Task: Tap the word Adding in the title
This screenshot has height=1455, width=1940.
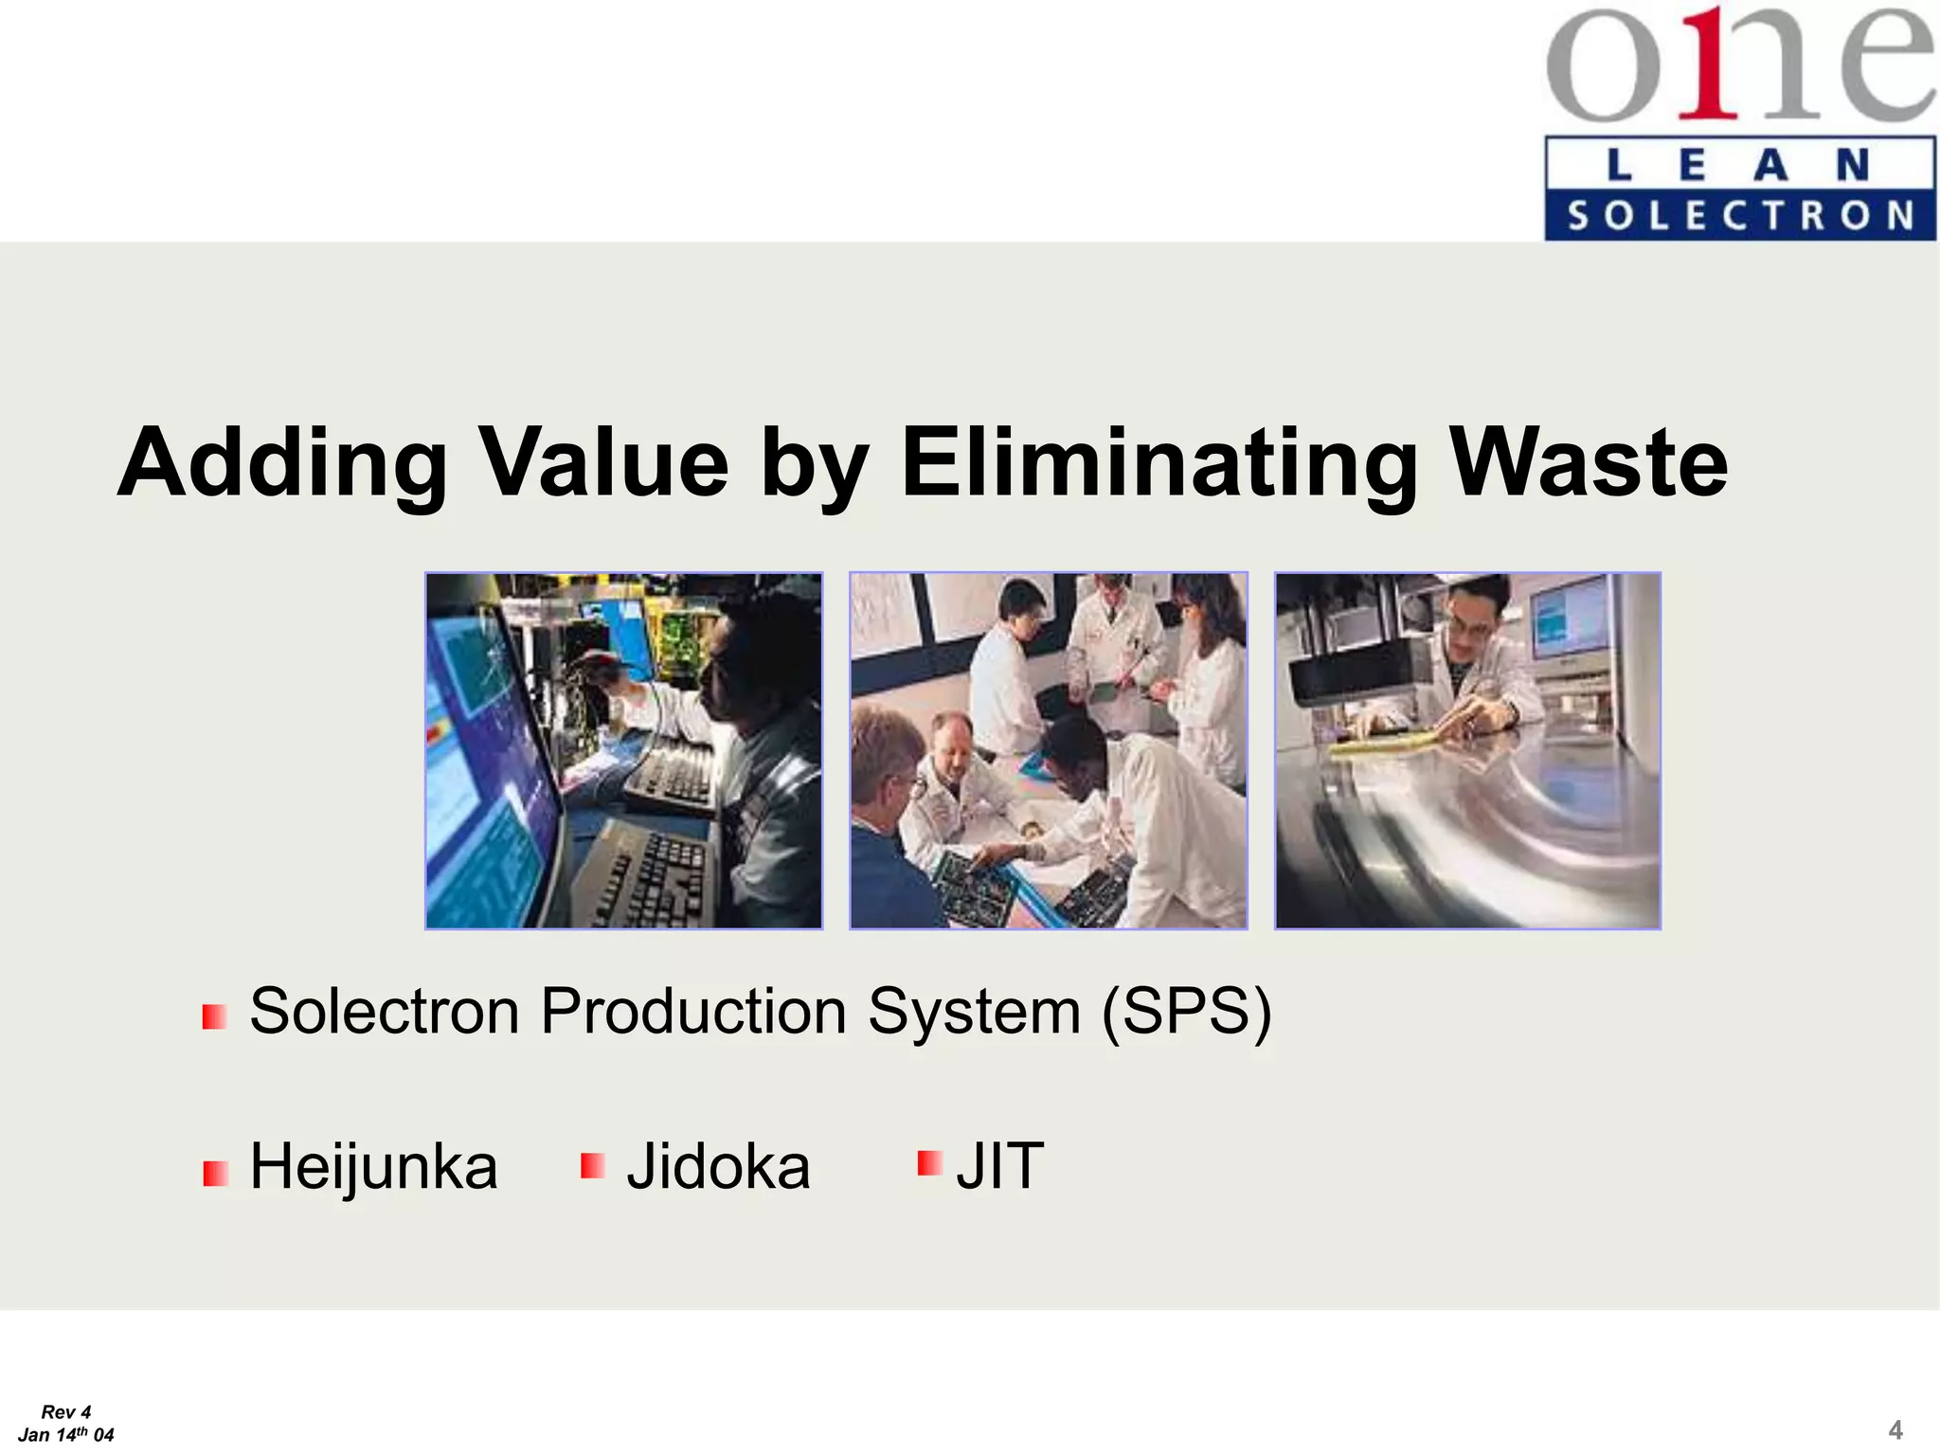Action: pyautogui.click(x=282, y=462)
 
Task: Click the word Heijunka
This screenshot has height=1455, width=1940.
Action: pyautogui.click(x=373, y=1166)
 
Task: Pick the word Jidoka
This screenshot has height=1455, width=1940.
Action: pyautogui.click(x=718, y=1166)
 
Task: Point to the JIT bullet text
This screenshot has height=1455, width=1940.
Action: pyautogui.click(x=1000, y=1166)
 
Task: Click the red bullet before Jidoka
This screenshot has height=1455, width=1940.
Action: pyautogui.click(x=592, y=1165)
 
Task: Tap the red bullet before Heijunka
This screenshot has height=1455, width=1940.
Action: pyautogui.click(x=215, y=1174)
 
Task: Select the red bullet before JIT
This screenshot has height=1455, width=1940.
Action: pyautogui.click(x=929, y=1162)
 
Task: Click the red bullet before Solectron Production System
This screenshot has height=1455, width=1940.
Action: pyautogui.click(x=214, y=1017)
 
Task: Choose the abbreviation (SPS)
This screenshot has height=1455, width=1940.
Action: pyautogui.click(x=1186, y=1012)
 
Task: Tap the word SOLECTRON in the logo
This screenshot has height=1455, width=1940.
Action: pyautogui.click(x=1740, y=216)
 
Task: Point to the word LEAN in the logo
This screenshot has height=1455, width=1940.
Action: pyautogui.click(x=1740, y=166)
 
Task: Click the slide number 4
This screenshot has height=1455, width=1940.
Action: pyautogui.click(x=1895, y=1429)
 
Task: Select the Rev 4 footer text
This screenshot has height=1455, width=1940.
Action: pyautogui.click(x=66, y=1411)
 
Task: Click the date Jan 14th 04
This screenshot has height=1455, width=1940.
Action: pyautogui.click(x=66, y=1434)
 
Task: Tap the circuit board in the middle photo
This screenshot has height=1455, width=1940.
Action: pyautogui.click(x=976, y=886)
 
